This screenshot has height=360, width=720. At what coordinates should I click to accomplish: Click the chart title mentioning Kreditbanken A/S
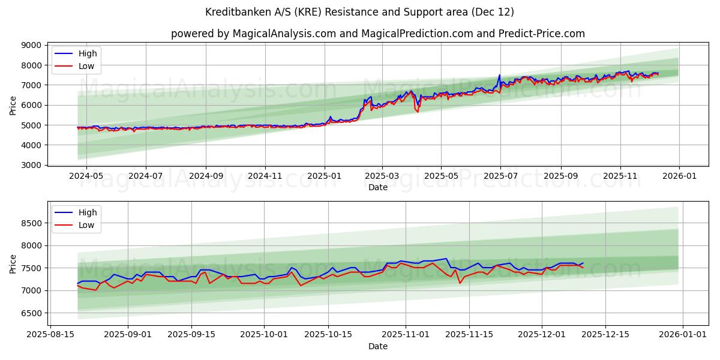pyautogui.click(x=359, y=12)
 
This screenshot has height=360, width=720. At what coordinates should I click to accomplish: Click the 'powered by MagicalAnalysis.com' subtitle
pyautogui.click(x=377, y=34)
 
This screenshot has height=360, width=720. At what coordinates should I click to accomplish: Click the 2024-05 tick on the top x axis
pyautogui.click(x=86, y=176)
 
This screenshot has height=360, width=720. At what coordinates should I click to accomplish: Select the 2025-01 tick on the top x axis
pyautogui.click(x=325, y=176)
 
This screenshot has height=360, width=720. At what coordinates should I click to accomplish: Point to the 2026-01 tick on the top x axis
pyautogui.click(x=679, y=176)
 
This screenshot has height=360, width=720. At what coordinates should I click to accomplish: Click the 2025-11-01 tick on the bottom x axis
pyautogui.click(x=406, y=335)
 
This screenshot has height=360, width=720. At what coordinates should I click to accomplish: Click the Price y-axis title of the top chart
pyautogui.click(x=13, y=105)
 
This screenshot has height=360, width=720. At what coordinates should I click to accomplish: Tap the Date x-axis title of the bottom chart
pyautogui.click(x=377, y=346)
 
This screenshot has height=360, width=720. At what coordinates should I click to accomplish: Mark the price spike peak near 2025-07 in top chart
pyautogui.click(x=499, y=75)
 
